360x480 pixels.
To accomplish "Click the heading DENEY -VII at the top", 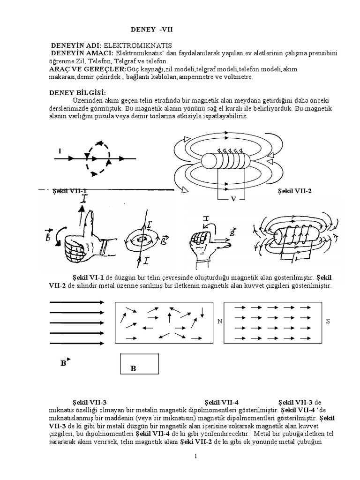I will [148, 30].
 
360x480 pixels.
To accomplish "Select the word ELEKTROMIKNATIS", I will [138, 45].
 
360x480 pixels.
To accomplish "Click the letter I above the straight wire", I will [60, 151].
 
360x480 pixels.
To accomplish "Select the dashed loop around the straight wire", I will [99, 158].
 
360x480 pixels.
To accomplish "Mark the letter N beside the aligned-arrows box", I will [219, 322].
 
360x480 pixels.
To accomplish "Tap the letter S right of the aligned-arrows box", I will [328, 322].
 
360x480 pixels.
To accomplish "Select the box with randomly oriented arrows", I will [163, 322].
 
